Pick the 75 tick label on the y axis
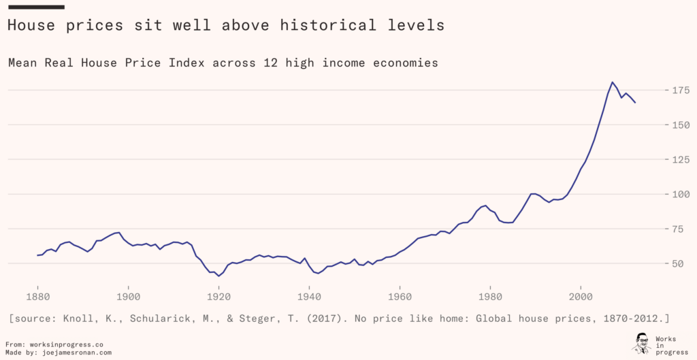coord(680,229)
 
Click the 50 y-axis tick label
coord(680,263)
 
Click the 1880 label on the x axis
coord(37,297)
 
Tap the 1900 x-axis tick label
coord(128,297)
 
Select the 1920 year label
coord(218,297)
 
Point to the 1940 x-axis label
coord(309,297)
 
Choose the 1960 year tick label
coord(400,297)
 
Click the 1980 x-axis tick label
coord(490,297)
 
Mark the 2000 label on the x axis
coord(581,297)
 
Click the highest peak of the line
coord(613,82)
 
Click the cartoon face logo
coord(641,343)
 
